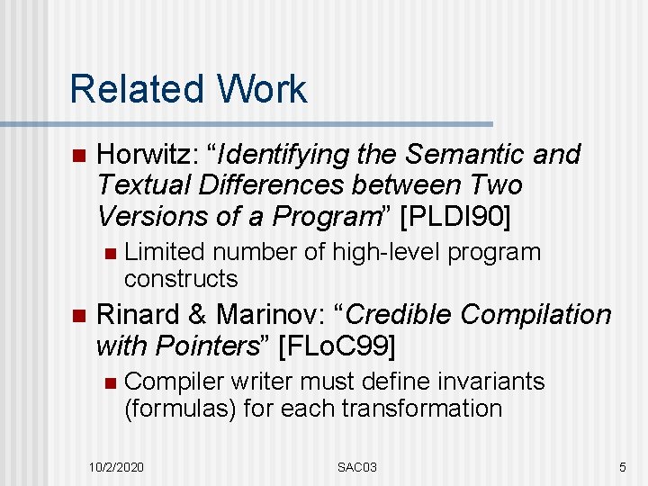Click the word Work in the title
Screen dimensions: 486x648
pos(260,89)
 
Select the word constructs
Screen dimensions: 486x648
pos(181,278)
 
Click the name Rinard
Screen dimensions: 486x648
pos(137,315)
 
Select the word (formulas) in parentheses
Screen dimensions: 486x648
pos(180,408)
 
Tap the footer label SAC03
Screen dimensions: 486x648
pos(357,467)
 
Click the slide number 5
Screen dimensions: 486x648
pos(622,467)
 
